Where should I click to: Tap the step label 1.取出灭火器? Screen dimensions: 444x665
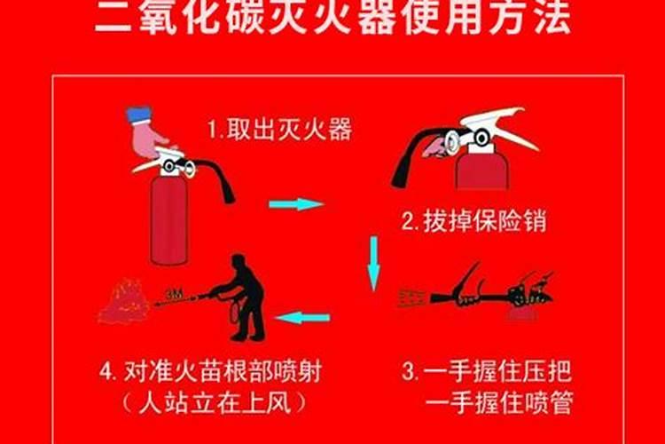tap(279, 131)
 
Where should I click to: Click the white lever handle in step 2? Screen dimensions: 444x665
tap(497, 124)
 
